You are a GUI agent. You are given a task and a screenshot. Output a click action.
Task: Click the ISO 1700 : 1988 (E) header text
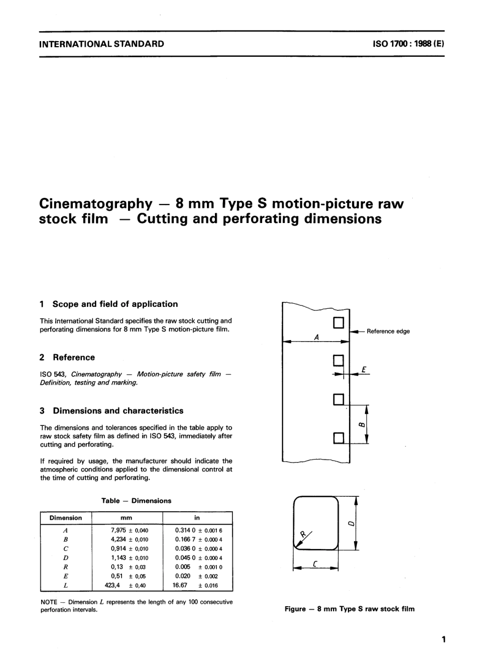[x=408, y=44]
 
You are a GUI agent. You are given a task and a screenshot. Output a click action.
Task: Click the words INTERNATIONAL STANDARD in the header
[x=101, y=44]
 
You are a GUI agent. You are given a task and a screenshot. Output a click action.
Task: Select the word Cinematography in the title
[x=95, y=203]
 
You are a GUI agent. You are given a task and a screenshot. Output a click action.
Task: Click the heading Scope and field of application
[x=115, y=304]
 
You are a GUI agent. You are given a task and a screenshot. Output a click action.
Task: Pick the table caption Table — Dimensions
[x=136, y=501]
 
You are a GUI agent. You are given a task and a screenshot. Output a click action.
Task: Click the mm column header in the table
[x=127, y=518]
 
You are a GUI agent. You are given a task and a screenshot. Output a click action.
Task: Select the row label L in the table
[x=65, y=585]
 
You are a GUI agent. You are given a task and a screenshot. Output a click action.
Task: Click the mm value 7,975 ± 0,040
[x=129, y=530]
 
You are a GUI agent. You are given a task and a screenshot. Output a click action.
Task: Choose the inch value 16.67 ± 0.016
[x=195, y=585]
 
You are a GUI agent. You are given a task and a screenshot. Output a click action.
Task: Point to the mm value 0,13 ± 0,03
[x=128, y=567]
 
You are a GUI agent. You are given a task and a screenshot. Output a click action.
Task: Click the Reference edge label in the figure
[x=388, y=331]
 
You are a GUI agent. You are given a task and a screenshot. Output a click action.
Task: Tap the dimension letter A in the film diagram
[x=316, y=338]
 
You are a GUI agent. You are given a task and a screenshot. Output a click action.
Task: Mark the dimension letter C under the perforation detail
[x=315, y=564]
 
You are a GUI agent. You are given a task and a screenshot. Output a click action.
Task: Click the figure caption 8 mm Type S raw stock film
[x=349, y=609]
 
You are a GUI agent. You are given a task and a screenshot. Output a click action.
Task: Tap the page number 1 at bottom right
[x=443, y=639]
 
